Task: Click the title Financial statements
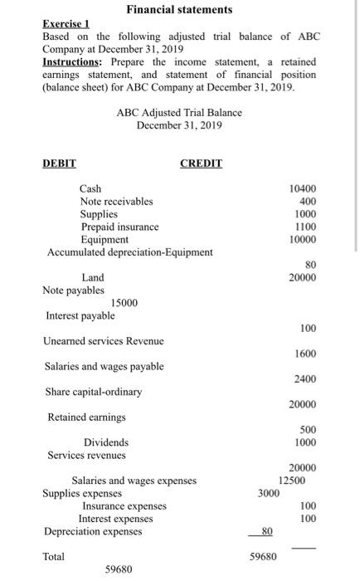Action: (x=179, y=9)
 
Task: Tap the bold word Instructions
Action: (x=72, y=61)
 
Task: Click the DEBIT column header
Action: (x=59, y=164)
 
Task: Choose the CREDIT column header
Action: (x=201, y=164)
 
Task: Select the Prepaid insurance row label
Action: (x=119, y=227)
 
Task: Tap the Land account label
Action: (x=93, y=277)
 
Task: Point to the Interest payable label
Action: (x=80, y=315)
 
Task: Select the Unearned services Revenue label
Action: (x=104, y=341)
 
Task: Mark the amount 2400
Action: (x=304, y=379)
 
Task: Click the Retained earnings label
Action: (x=87, y=417)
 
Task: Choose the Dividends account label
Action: (x=106, y=442)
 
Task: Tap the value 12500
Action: (x=291, y=480)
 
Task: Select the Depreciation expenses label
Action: (x=93, y=531)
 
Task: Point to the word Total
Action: (x=54, y=557)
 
